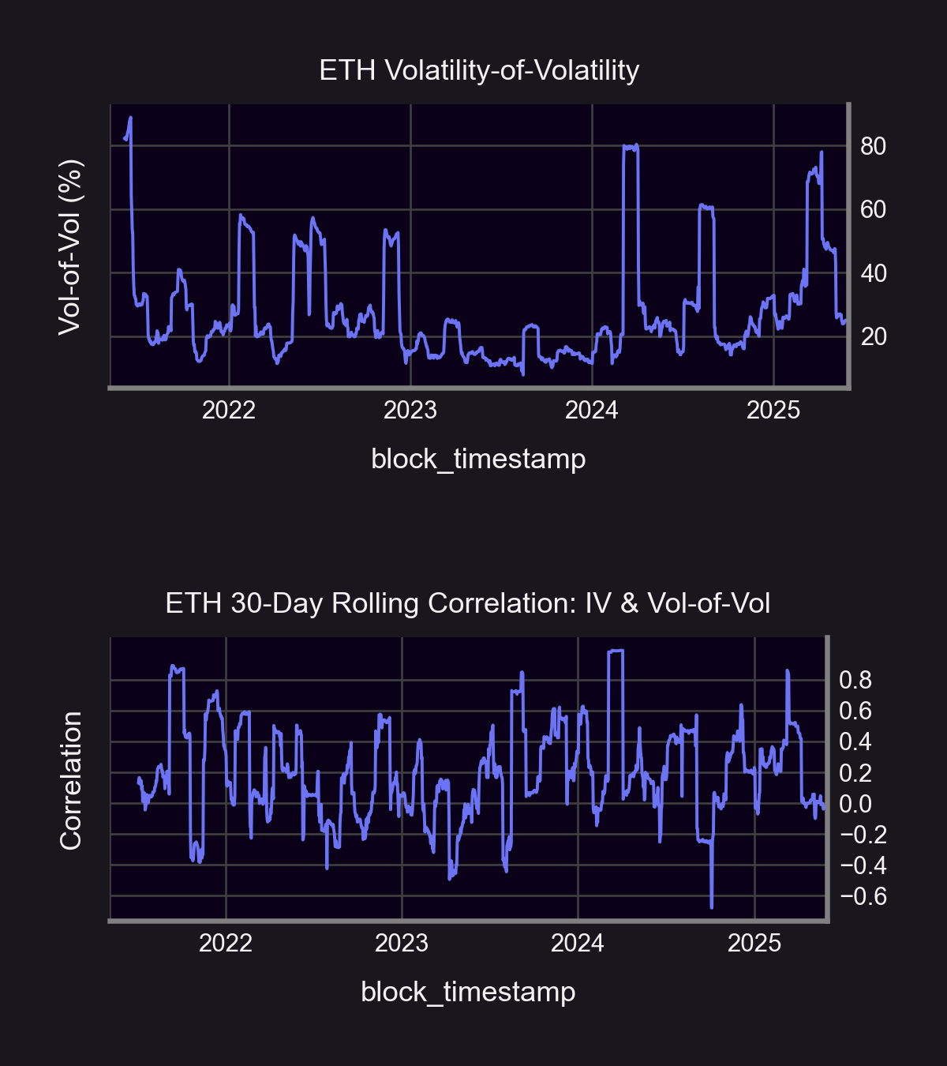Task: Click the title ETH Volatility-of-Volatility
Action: [x=479, y=71]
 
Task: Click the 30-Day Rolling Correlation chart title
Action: [x=467, y=604]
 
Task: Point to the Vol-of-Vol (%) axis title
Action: [x=70, y=246]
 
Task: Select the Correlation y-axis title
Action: [x=71, y=780]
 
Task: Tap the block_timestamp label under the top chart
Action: [x=478, y=459]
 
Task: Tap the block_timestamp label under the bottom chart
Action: [x=468, y=992]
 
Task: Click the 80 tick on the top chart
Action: [x=873, y=146]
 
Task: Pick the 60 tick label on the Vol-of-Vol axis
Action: [x=873, y=210]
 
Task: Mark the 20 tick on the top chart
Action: [x=873, y=337]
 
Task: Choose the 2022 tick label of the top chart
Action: [x=229, y=411]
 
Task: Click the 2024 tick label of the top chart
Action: [x=592, y=411]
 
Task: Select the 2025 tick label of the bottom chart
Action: [x=754, y=944]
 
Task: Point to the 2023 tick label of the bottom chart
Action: [x=402, y=944]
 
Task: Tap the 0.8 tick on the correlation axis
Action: [x=855, y=680]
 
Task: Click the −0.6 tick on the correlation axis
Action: [x=863, y=897]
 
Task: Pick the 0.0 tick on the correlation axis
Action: [x=855, y=804]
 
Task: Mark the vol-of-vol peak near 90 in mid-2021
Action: [x=130, y=118]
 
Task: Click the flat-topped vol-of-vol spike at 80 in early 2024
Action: [x=630, y=147]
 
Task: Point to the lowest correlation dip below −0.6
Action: [x=712, y=906]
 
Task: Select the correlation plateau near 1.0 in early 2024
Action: [x=616, y=651]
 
